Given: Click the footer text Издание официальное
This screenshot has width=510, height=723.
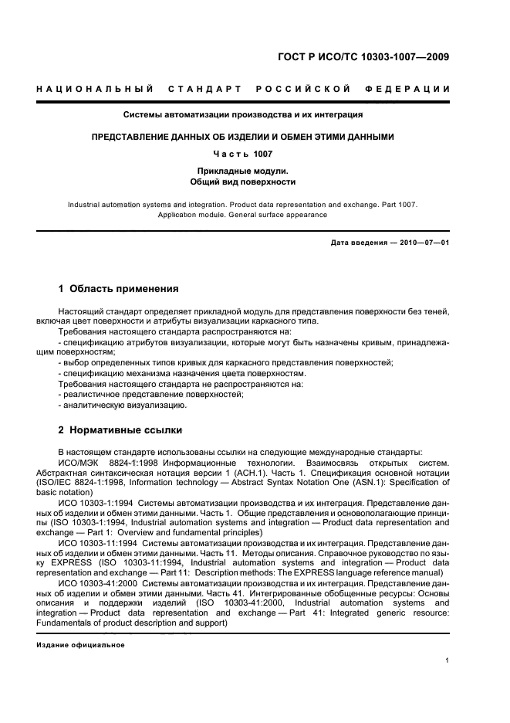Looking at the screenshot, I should pos(80,644).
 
